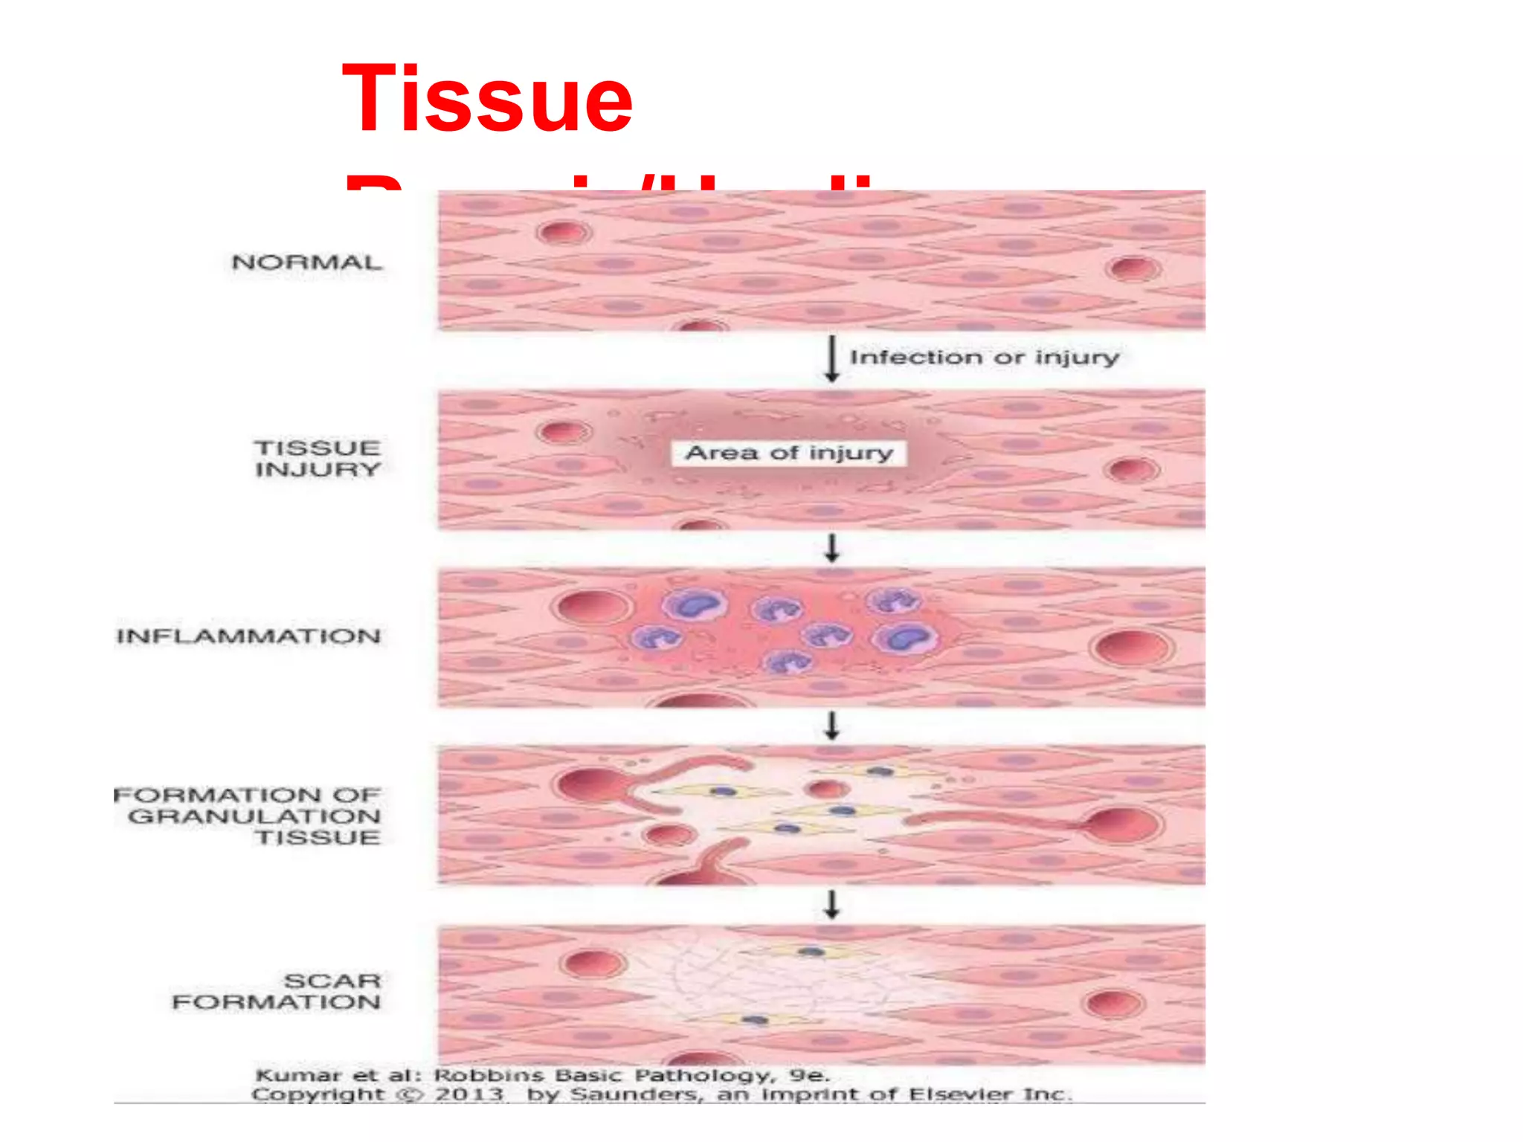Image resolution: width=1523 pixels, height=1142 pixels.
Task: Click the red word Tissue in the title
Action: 487,99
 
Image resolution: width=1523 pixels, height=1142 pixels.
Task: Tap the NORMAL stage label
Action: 306,262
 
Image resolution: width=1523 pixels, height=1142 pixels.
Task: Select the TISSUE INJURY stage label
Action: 318,459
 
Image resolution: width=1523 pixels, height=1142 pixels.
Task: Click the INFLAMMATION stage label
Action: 248,636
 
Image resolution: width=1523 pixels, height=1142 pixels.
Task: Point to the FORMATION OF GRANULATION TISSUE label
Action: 248,816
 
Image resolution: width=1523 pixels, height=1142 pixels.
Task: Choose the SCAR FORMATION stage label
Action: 277,991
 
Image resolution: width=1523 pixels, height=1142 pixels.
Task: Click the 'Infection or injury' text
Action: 984,358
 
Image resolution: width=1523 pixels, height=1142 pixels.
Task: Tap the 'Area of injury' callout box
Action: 789,453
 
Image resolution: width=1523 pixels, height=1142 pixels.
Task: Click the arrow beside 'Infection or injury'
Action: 832,359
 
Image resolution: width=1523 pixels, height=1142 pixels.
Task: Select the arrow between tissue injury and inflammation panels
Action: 832,548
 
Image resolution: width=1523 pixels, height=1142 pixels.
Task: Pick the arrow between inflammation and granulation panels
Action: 832,725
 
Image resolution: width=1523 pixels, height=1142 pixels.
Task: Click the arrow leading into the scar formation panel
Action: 832,904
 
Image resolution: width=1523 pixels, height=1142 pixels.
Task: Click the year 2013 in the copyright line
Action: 469,1094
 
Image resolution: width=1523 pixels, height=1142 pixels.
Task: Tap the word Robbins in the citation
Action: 489,1075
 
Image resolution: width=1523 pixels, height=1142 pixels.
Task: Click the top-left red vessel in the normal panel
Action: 564,233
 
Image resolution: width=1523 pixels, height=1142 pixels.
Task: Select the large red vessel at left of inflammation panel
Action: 593,606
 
